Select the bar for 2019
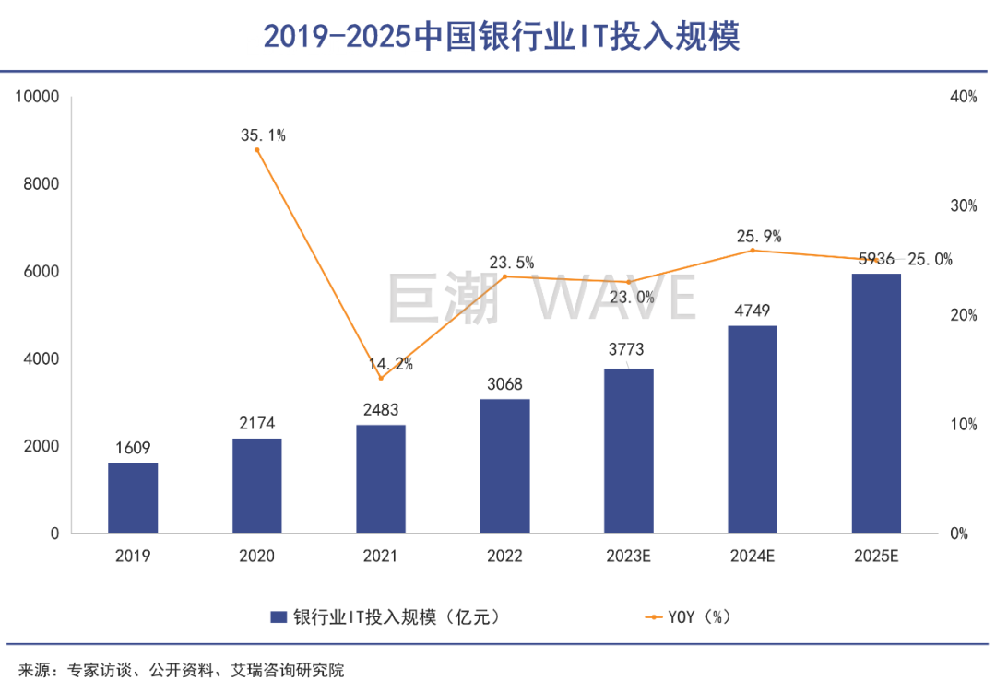coord(133,498)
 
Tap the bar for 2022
coord(505,466)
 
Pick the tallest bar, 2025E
coord(876,404)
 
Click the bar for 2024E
coord(753,429)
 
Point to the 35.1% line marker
coord(257,150)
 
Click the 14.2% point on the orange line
coord(381,378)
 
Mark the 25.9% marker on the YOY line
coord(753,251)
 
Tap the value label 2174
coord(257,424)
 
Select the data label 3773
coord(629,350)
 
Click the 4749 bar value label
coord(753,311)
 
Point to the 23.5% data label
coord(512,263)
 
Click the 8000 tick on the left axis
coord(40,184)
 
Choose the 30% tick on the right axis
coord(964,205)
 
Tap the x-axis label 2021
coord(381,557)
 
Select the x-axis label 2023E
coord(629,557)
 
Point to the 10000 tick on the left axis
coord(36,97)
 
